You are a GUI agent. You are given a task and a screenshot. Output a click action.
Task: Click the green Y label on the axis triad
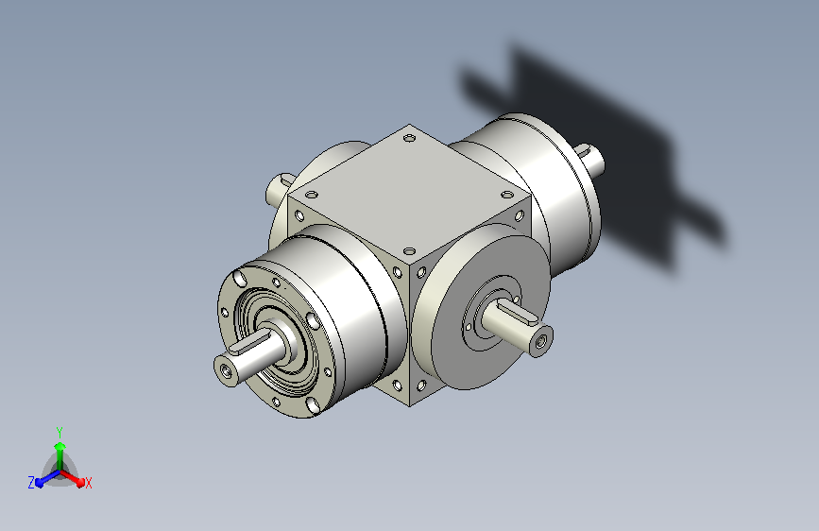60,432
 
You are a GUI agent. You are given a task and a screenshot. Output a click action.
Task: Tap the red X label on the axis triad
88,483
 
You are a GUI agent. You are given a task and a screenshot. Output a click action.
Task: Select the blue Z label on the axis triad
31,483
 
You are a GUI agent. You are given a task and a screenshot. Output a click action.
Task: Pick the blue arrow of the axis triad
47,478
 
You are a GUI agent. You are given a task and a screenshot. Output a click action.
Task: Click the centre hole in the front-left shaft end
226,370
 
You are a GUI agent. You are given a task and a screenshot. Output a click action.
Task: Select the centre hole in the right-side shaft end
541,341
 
